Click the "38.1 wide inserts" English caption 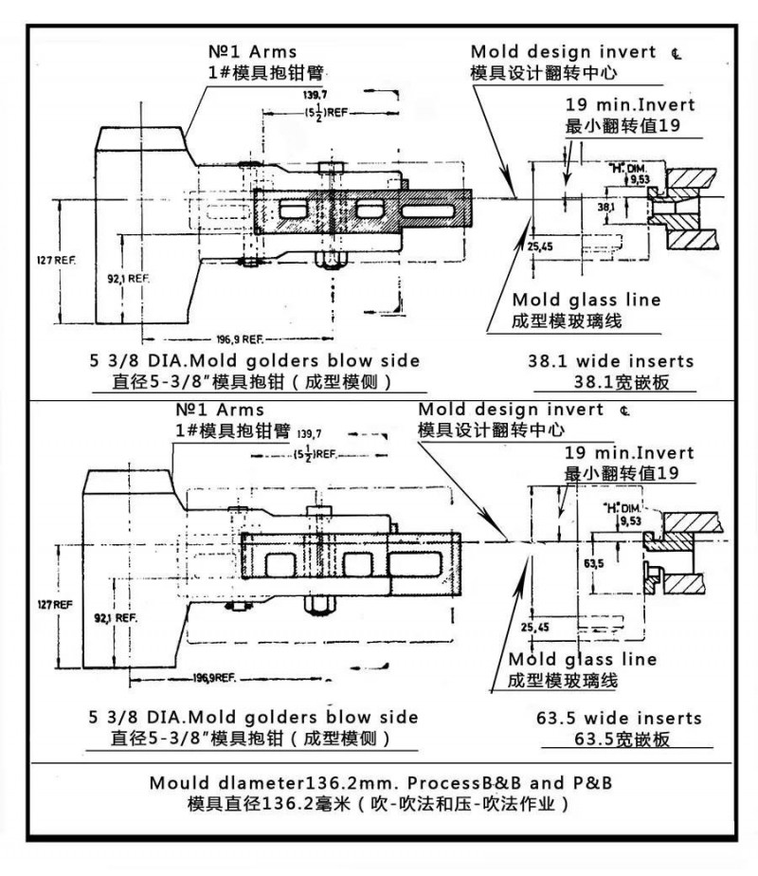point(610,361)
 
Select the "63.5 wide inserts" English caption point(614,719)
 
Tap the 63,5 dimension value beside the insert point(595,564)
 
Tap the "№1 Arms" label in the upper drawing point(252,52)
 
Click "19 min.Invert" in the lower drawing point(629,453)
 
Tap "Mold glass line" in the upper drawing point(586,301)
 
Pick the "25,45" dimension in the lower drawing point(534,628)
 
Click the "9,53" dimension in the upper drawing point(641,178)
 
